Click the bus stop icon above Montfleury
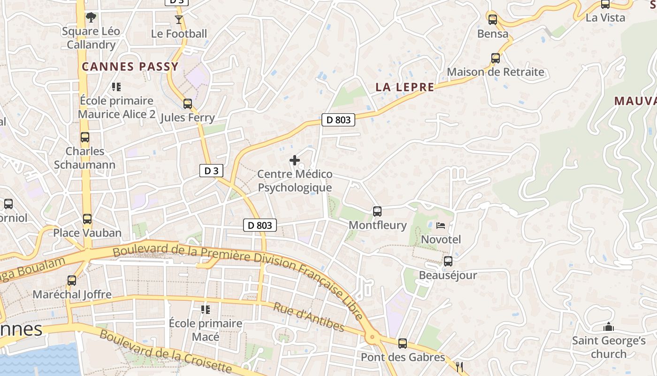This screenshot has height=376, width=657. point(377,211)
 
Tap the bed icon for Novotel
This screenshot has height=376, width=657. point(440,226)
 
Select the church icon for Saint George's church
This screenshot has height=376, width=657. point(609,327)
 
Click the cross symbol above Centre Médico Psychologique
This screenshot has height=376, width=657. point(295,161)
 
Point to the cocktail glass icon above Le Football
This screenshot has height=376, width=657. point(179,20)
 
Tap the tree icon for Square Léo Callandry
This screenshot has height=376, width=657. point(91,18)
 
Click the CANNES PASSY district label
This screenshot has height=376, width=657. point(130,67)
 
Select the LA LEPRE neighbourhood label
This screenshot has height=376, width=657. point(405,87)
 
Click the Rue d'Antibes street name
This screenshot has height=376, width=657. point(309,317)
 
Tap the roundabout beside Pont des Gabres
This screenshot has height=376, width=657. point(373,337)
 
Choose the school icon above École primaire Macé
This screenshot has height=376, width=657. point(206,309)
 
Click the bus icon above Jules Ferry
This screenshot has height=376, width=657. point(188,104)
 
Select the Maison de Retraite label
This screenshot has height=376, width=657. point(495,72)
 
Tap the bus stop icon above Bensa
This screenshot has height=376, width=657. point(492,20)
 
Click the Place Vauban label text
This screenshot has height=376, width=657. point(87,233)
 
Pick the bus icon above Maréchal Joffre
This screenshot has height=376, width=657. point(72,281)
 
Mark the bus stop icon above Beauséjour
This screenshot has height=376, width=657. point(448,261)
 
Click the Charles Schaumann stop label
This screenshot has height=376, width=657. point(85,158)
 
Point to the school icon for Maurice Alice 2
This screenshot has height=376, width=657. point(116,87)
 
